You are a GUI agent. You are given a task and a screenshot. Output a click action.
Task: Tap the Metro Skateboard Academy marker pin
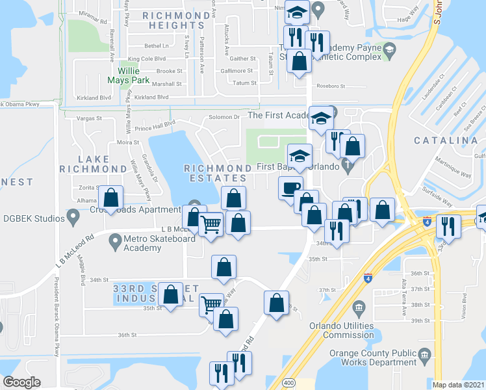tap(116, 240)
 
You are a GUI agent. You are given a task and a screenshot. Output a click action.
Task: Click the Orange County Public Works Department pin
tap(424, 356)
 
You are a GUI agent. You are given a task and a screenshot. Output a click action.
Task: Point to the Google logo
tap(21, 382)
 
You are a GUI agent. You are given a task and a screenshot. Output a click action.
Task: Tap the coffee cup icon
tap(290, 187)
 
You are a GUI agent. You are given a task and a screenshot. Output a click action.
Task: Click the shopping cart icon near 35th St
tap(211, 303)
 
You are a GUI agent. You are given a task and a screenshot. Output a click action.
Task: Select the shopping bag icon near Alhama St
tap(111, 197)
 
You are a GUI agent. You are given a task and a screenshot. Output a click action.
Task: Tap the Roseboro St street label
tap(332, 86)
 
